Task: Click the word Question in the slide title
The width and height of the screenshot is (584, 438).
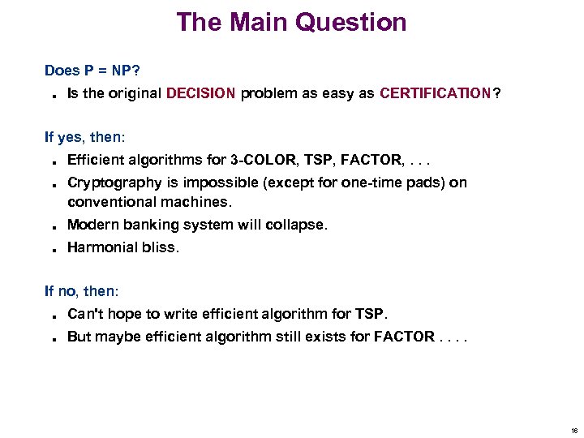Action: tap(351, 22)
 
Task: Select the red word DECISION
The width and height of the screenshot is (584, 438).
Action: tap(200, 93)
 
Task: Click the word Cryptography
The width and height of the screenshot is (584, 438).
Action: tap(114, 182)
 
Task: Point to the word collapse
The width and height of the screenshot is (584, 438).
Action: tap(300, 225)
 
